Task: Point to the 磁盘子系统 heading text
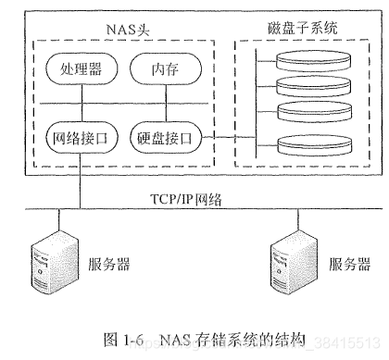(295, 30)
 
